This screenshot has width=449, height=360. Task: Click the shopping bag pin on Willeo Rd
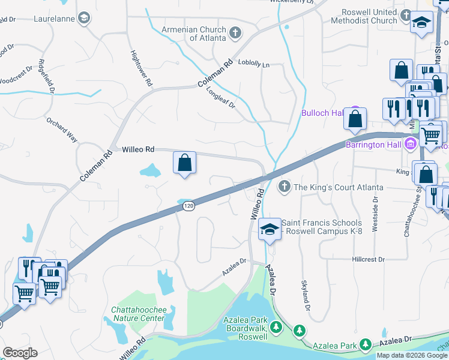[x=184, y=162]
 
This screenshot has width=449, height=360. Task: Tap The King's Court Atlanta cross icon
[x=285, y=187]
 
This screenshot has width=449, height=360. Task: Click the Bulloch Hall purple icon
[x=355, y=113]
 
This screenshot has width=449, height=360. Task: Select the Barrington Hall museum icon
[x=411, y=144]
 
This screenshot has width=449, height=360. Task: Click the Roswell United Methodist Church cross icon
[x=406, y=15]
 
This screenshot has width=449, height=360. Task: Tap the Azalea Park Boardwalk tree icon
[x=276, y=327]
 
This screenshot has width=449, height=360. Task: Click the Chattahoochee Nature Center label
[x=137, y=314]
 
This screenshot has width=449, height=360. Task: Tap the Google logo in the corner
[x=19, y=353]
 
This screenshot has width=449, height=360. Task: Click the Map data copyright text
[x=412, y=355]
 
